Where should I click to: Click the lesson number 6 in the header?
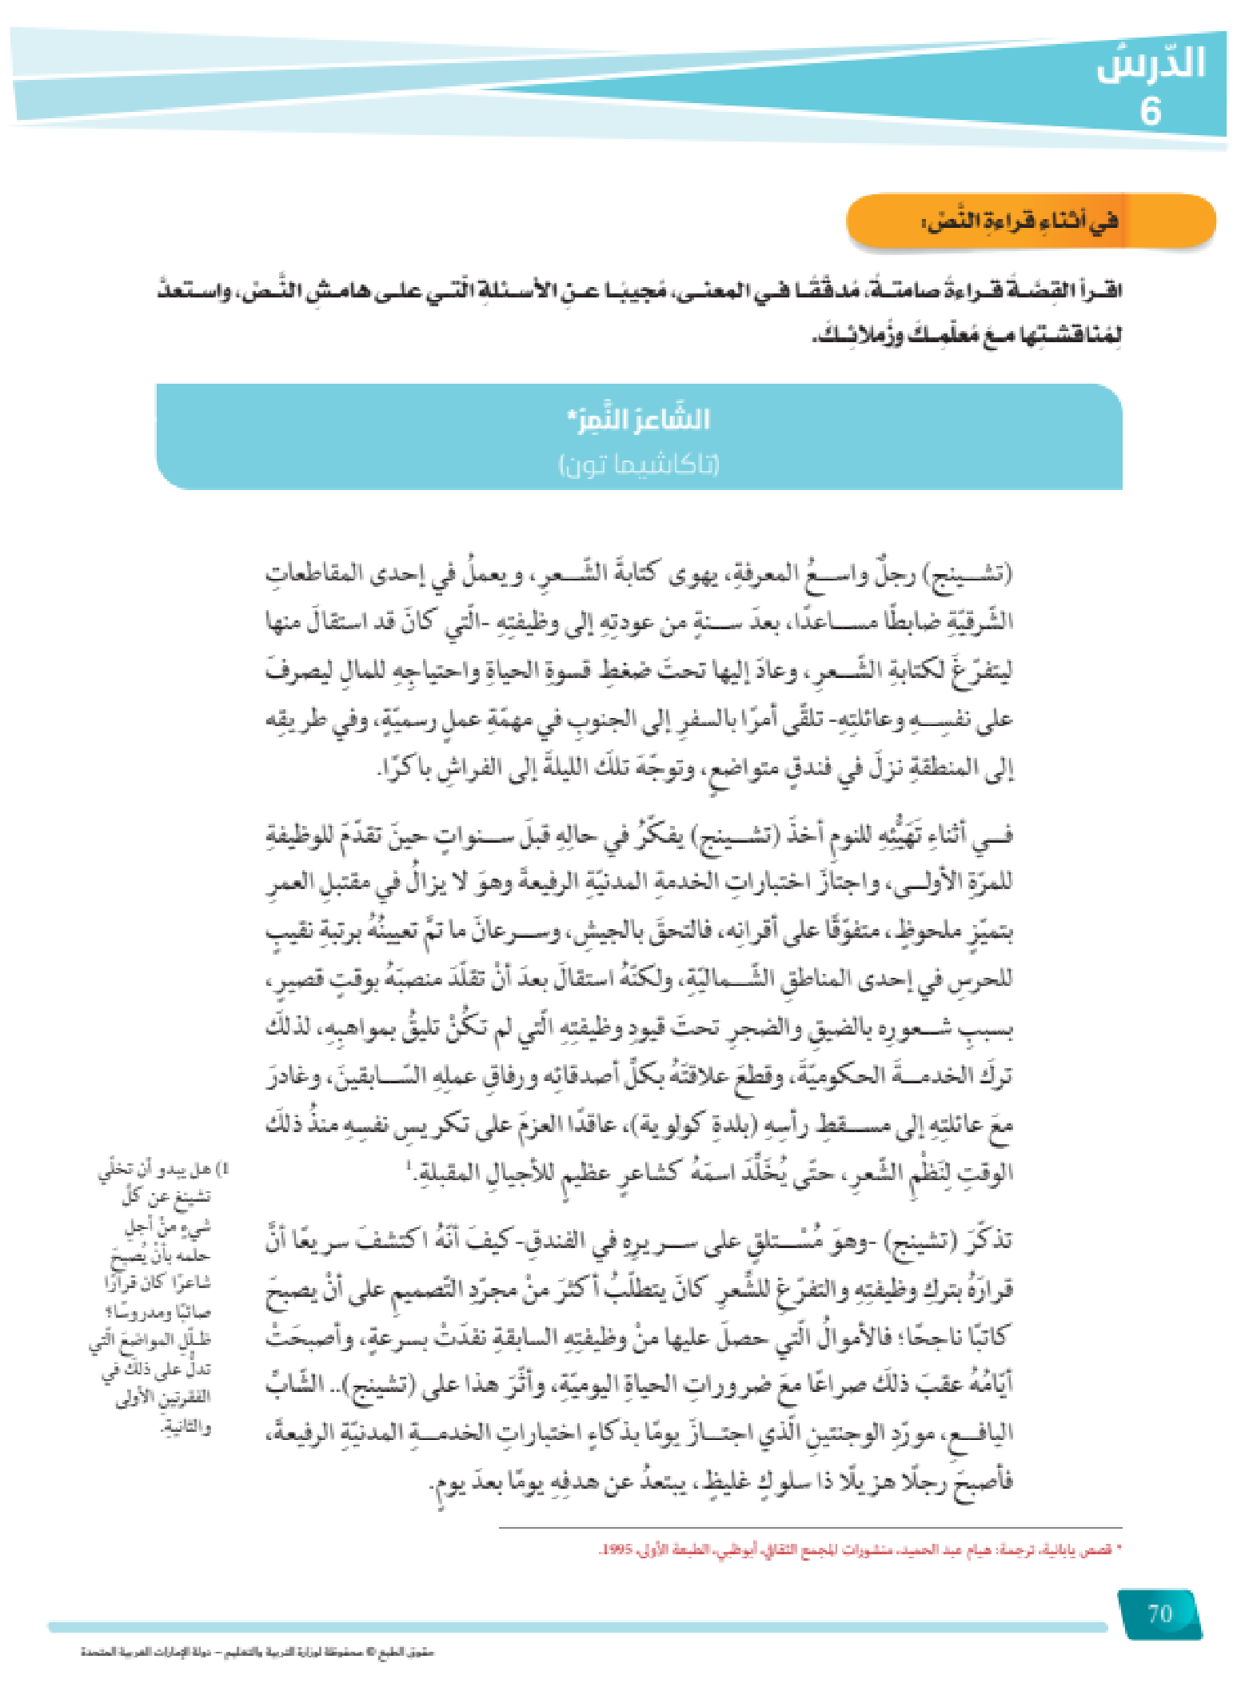tap(1150, 111)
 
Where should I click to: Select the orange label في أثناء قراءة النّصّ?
tap(1020, 221)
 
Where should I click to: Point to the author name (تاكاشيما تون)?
tap(639, 464)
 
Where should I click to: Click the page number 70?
tap(1159, 1613)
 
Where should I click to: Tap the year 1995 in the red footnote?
tap(616, 1549)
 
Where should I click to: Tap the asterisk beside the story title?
tap(571, 416)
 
